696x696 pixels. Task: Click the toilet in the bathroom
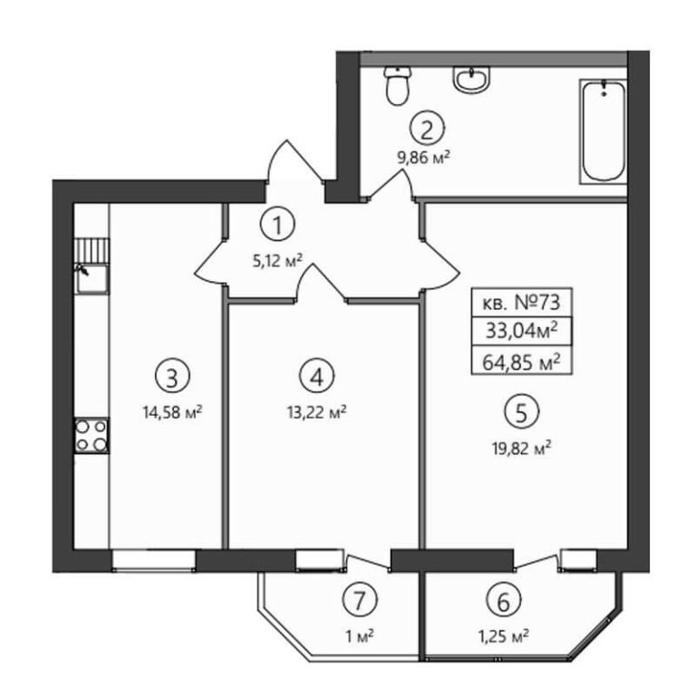[397, 85]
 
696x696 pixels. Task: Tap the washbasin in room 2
[471, 80]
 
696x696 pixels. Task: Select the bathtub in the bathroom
[604, 130]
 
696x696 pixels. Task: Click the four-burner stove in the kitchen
[91, 435]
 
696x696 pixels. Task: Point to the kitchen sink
[92, 279]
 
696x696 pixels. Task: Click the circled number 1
[278, 225]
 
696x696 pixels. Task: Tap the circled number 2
[427, 130]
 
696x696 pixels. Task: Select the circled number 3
[172, 377]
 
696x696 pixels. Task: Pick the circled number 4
[317, 377]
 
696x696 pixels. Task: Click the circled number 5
[522, 412]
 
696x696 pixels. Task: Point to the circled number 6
[503, 602]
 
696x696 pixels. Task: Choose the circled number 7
[360, 600]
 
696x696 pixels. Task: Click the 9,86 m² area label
[424, 158]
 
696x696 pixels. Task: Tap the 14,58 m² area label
[172, 412]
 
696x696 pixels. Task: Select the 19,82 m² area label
[522, 449]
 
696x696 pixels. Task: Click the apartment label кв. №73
[522, 304]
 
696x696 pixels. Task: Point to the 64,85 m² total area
[521, 362]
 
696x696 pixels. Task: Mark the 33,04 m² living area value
[522, 331]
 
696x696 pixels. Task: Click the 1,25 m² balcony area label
[503, 638]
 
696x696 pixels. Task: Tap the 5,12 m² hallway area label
[277, 261]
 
